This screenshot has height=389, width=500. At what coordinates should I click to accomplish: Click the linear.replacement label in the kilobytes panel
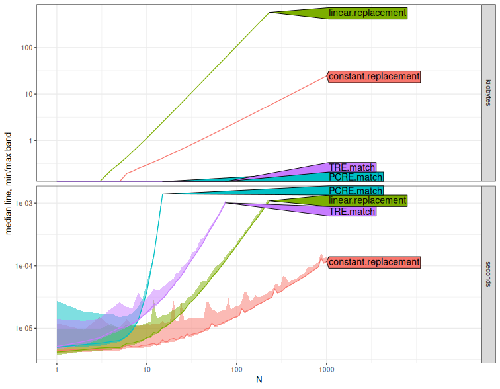[x=367, y=13]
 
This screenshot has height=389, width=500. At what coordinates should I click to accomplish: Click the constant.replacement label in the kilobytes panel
[x=374, y=77]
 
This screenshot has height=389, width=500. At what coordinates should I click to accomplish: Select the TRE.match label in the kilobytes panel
[x=352, y=167]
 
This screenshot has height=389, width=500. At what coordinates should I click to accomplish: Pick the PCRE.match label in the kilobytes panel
[x=355, y=177]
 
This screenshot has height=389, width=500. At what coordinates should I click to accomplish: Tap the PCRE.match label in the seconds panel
[x=355, y=191]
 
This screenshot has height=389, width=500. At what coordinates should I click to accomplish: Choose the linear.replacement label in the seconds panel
[x=367, y=200]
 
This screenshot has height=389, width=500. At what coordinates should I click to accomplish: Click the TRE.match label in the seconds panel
[x=352, y=212]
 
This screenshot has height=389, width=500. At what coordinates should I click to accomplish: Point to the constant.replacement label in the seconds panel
[x=374, y=262]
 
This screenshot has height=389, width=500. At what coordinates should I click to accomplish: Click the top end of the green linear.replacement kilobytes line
[x=269, y=13]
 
